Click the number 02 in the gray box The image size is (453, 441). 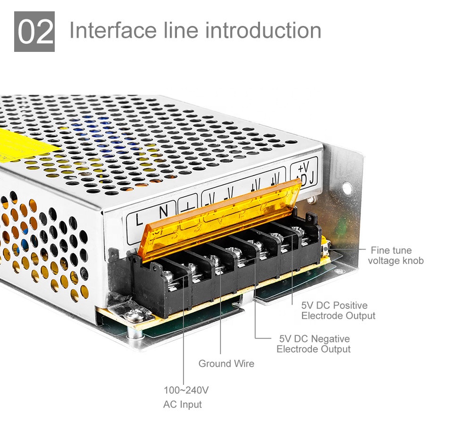(x=34, y=32)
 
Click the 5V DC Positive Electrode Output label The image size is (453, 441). (x=338, y=310)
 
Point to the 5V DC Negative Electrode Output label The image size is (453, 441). (x=314, y=344)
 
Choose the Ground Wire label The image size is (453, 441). (x=226, y=364)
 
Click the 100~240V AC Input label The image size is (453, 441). (x=185, y=397)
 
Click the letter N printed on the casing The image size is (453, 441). (x=163, y=213)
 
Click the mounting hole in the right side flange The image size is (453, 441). (x=347, y=189)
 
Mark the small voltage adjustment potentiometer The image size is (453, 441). (x=326, y=245)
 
